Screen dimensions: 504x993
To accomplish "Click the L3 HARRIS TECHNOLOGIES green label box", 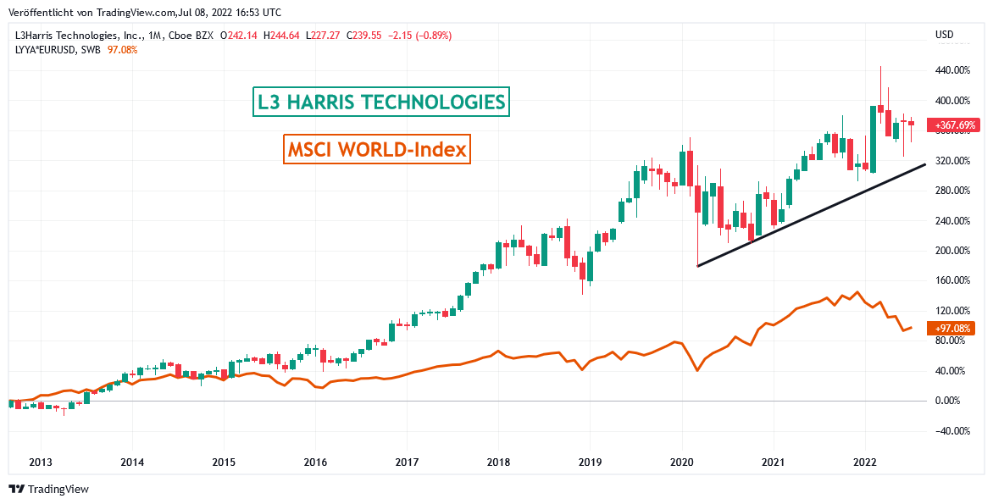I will click(x=382, y=102).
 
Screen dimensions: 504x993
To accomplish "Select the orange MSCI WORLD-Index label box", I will click(x=377, y=150).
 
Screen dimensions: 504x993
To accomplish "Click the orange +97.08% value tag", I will click(x=952, y=328).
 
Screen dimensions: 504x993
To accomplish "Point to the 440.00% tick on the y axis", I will click(x=951, y=70).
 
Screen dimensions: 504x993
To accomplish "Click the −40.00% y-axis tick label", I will click(x=951, y=430).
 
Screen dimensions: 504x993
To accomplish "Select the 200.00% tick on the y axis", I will click(x=951, y=251).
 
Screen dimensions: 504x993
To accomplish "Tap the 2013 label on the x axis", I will click(x=41, y=462).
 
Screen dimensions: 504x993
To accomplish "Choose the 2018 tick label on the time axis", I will click(x=498, y=462).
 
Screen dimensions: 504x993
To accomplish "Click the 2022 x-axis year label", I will click(x=865, y=462).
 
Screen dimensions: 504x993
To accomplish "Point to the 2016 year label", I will click(x=315, y=462).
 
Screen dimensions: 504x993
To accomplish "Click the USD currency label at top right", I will click(x=944, y=35).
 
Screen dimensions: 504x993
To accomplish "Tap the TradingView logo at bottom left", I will click(x=48, y=489).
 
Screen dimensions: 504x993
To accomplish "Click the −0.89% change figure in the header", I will click(x=434, y=36).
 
